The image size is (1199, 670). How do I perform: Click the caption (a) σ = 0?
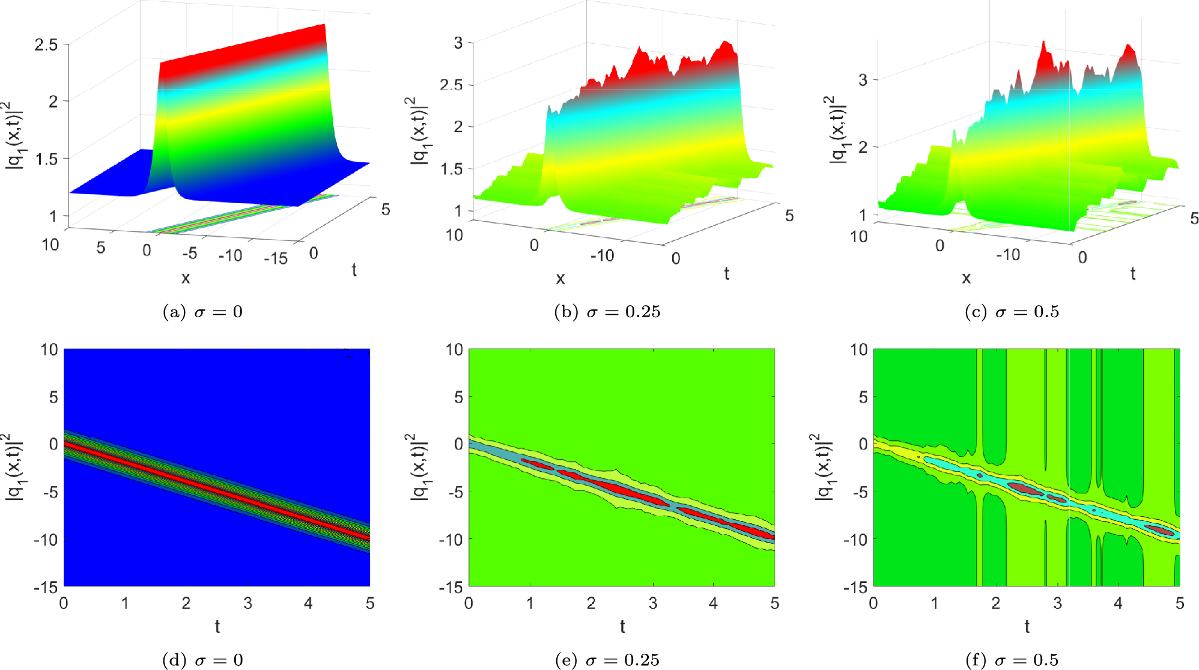(x=202, y=312)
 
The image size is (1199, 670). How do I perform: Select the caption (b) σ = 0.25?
(x=607, y=312)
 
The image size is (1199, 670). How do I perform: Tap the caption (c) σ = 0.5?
(x=1012, y=312)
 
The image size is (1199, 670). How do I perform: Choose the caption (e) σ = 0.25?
(x=607, y=660)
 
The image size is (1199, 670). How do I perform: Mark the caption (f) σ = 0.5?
(x=1012, y=660)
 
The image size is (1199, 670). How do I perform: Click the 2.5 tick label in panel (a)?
(x=46, y=44)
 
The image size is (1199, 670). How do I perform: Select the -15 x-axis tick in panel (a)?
(x=276, y=258)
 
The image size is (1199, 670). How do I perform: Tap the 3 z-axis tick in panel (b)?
(x=458, y=43)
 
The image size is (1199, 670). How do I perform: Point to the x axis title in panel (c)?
(x=966, y=278)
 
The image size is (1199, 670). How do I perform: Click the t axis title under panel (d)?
(x=217, y=627)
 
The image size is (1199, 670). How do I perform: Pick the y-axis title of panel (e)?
(x=418, y=467)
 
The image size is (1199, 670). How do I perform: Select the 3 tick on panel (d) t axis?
(x=247, y=603)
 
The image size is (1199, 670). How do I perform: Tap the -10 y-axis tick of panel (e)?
(x=451, y=540)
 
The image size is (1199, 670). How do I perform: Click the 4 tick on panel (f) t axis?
(x=1118, y=603)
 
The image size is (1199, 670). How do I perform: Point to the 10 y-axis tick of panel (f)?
(x=859, y=350)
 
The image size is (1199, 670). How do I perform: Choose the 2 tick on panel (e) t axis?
(x=591, y=603)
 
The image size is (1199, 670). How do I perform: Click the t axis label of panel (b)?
(x=727, y=274)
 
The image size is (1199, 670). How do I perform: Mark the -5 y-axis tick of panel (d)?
(x=49, y=492)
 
